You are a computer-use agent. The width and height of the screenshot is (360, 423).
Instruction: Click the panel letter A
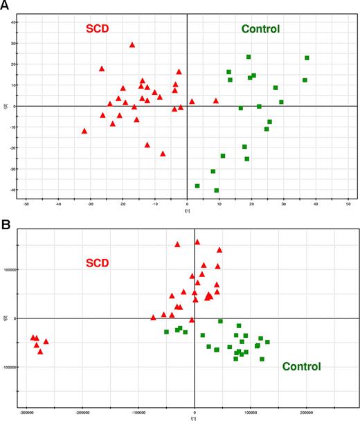[6, 6]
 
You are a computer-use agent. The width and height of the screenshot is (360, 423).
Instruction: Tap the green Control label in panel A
[260, 29]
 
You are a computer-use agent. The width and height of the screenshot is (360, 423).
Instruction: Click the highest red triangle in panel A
[132, 45]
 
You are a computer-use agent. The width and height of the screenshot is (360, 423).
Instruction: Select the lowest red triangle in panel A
[163, 154]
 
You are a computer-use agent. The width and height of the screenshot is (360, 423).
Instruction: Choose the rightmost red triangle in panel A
[216, 101]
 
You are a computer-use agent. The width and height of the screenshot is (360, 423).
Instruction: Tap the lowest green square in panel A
[217, 190]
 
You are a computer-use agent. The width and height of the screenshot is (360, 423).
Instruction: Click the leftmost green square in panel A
[198, 186]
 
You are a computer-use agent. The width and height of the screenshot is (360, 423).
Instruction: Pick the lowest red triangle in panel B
[40, 352]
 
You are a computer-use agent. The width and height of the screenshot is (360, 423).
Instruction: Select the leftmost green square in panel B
[167, 332]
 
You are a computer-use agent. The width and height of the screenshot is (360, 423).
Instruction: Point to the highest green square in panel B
[220, 321]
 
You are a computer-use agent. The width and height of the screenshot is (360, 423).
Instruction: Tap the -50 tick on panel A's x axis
[26, 206]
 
